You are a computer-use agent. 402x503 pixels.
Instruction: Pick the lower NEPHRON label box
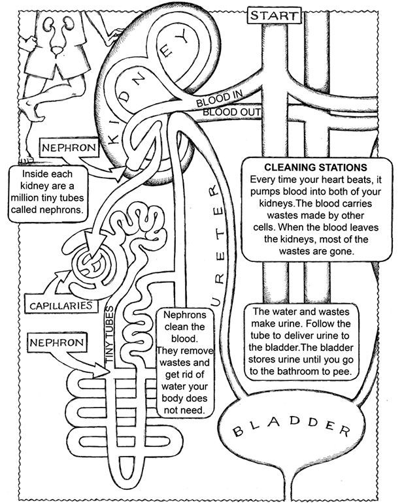pyautogui.click(x=58, y=342)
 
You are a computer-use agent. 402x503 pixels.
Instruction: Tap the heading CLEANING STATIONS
pyautogui.click(x=319, y=167)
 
